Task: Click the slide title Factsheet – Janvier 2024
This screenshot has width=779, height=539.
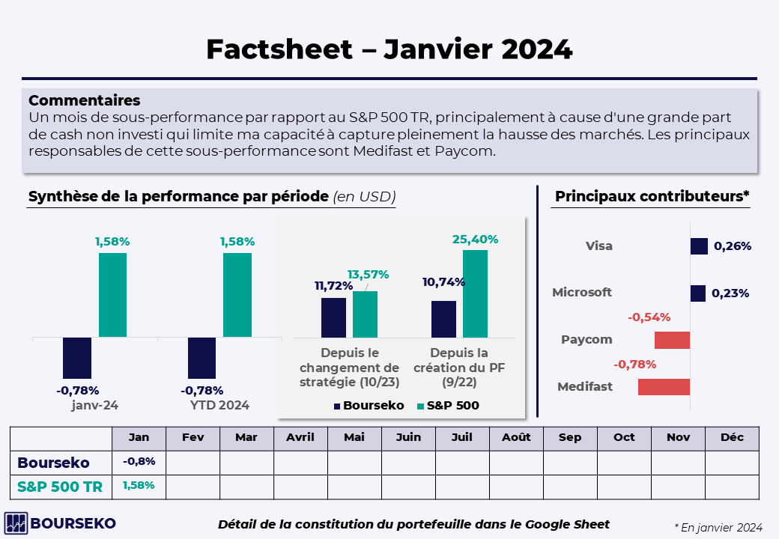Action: (x=389, y=49)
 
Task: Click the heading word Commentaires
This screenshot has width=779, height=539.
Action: (x=84, y=100)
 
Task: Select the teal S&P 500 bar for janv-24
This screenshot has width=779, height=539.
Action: (x=112, y=295)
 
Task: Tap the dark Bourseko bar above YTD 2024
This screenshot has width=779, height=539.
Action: (x=201, y=358)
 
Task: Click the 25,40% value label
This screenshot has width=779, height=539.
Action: (x=475, y=240)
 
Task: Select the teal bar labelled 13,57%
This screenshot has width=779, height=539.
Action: (x=365, y=314)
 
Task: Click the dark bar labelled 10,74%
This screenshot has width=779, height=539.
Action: (x=443, y=319)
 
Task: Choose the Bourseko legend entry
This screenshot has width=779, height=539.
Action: (x=369, y=406)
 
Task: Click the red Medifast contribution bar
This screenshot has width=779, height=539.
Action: (x=664, y=387)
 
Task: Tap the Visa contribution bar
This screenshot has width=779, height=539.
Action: (x=699, y=246)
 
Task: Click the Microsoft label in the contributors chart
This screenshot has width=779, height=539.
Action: (x=582, y=293)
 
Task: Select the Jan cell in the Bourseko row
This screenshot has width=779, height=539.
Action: (x=139, y=462)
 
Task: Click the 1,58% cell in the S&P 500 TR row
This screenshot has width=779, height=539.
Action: (x=139, y=486)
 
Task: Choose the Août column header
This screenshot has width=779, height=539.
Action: (x=516, y=438)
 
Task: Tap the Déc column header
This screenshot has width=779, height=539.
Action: (x=732, y=438)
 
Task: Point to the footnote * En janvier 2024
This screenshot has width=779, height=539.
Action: (x=718, y=527)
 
